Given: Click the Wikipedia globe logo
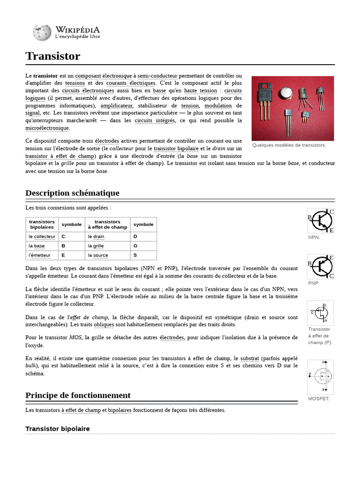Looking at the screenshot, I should tap(42, 32).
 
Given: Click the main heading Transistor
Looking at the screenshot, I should tap(52, 56).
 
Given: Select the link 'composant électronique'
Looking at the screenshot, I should tap(104, 75).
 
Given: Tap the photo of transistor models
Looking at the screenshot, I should tap(292, 108).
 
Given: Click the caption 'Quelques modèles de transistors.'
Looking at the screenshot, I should tap(289, 145).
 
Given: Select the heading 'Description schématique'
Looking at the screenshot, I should tap(72, 193).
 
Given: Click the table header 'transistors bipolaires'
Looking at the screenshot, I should tap(42, 224).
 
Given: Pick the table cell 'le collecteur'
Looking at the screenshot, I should tap(42, 237).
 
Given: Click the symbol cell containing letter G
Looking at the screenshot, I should tap(135, 246).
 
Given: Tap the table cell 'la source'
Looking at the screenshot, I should tap(97, 255).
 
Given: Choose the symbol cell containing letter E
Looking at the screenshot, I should tap(63, 255).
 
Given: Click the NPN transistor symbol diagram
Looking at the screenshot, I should tap(321, 221).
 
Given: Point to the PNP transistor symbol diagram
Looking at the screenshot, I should tap(321, 267).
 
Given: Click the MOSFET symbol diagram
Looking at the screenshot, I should tap(321, 377).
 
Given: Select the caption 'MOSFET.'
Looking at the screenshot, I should tap(319, 399).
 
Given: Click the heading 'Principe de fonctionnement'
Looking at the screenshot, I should tap(78, 395).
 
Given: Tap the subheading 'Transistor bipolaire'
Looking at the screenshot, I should tap(57, 429).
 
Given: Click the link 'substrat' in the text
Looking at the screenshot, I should tap(249, 358).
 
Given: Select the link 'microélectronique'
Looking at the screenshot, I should tap(47, 128).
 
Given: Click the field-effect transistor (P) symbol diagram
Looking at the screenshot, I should tap(321, 313).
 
